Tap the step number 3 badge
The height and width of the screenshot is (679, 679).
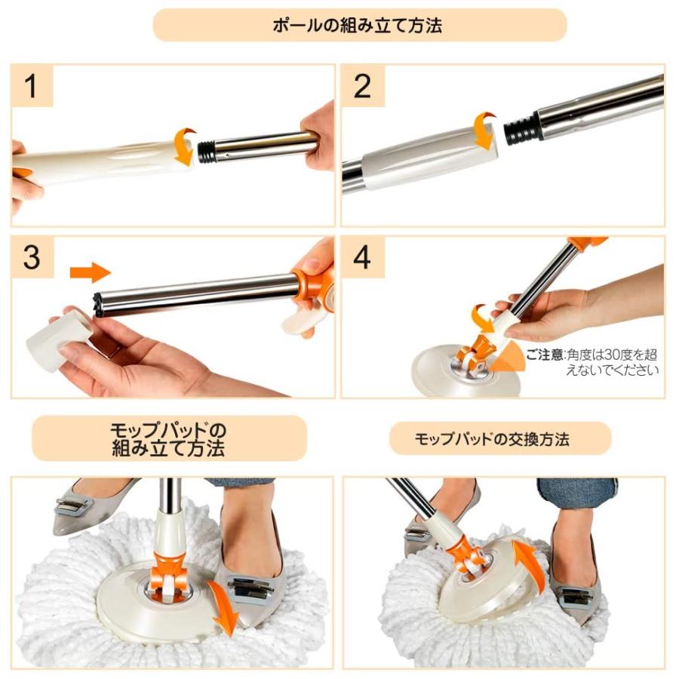click(x=31, y=257)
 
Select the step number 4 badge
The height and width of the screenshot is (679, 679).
click(x=362, y=257)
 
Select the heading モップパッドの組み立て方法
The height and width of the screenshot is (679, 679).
click(x=167, y=438)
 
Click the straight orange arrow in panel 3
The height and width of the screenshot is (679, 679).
click(x=90, y=273)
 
